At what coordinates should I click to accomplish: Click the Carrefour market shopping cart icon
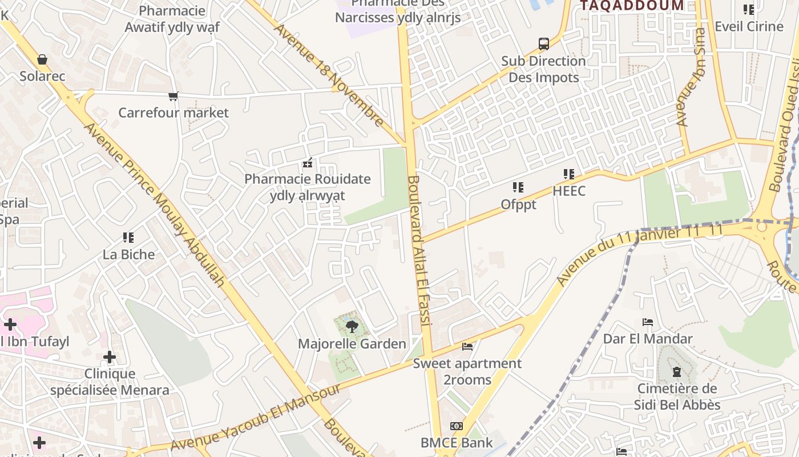(x=173, y=96)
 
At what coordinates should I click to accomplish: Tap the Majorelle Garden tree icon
(x=352, y=327)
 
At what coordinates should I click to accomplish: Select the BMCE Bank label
(x=457, y=443)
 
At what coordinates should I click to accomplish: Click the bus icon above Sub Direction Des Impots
(x=544, y=44)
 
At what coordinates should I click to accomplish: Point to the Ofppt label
(x=518, y=204)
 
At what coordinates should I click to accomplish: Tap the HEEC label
(x=568, y=191)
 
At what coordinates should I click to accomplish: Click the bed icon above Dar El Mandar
(x=648, y=322)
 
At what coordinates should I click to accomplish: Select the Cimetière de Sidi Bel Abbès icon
(x=677, y=372)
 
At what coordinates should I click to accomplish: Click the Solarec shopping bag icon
(x=42, y=59)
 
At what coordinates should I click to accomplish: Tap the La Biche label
(x=128, y=254)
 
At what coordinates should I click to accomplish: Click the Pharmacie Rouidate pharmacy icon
(x=308, y=163)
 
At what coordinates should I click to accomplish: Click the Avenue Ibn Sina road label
(x=691, y=77)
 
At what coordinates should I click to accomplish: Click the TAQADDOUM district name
(x=632, y=6)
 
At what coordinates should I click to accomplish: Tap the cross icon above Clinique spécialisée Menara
(x=110, y=358)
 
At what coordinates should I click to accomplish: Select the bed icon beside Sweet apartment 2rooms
(x=467, y=347)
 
